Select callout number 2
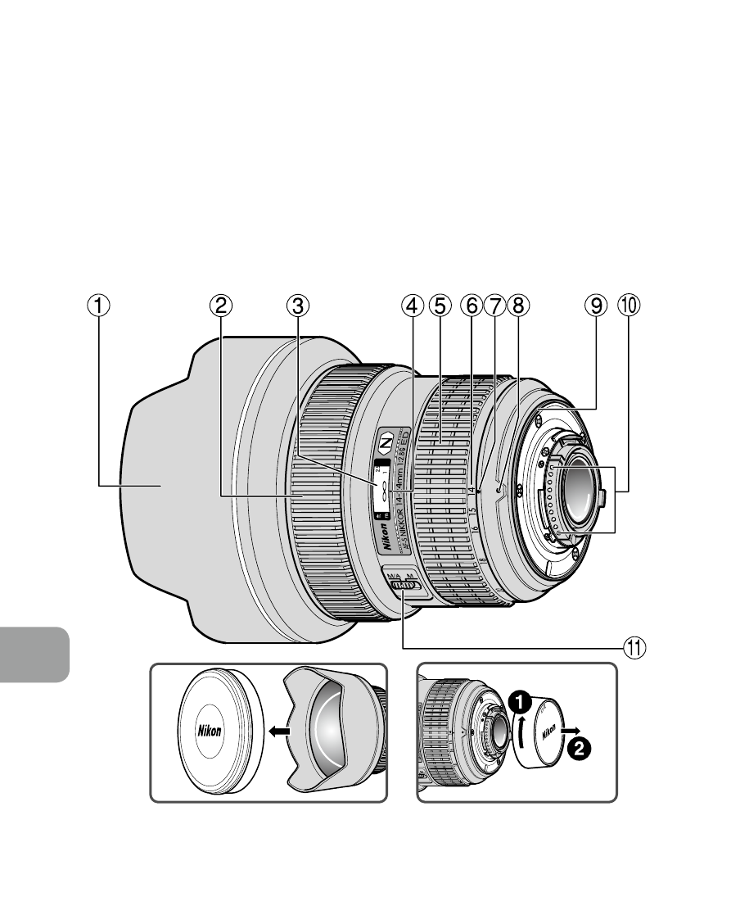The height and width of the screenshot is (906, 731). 219,306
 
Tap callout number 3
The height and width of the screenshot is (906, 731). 298,306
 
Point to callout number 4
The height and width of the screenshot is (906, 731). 413,306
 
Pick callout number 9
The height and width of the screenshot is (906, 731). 595,306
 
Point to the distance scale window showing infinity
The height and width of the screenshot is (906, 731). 381,488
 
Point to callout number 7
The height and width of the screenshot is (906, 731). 494,306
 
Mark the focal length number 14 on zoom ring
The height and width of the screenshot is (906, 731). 472,491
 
